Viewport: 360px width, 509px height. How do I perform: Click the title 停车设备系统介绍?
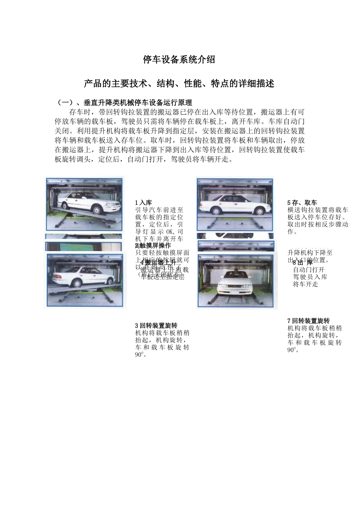coord(179,59)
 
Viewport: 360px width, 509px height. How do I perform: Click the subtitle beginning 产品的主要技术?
coord(179,83)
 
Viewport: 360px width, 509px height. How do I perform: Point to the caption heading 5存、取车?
coord(302,203)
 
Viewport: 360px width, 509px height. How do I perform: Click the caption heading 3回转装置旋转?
coord(156,325)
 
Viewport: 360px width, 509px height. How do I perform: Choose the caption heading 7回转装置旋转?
coord(308,321)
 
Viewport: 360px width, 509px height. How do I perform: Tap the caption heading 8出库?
coord(303,262)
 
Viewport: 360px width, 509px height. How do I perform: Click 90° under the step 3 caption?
coord(139,355)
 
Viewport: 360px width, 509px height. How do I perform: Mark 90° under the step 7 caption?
coord(292,350)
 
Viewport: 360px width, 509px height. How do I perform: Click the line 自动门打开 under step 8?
coord(309,270)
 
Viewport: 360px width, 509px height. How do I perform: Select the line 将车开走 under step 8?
coord(305,284)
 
